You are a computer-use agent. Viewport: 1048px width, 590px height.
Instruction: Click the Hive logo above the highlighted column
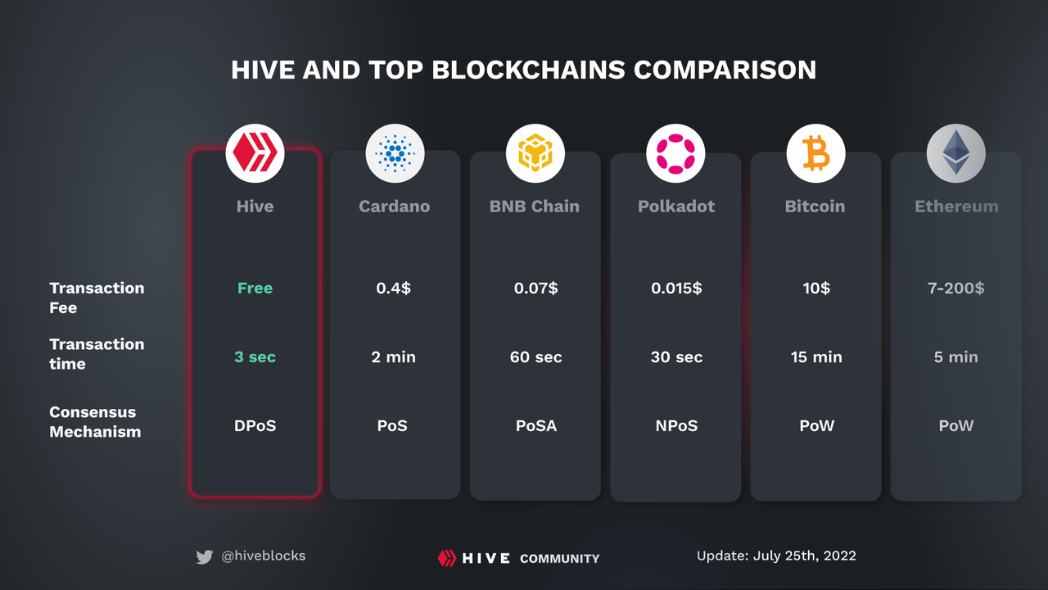coord(255,153)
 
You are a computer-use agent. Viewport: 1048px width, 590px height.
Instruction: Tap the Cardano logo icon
coord(395,153)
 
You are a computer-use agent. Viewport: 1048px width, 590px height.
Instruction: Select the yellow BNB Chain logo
coord(535,153)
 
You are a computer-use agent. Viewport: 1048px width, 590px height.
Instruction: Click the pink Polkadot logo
coord(675,153)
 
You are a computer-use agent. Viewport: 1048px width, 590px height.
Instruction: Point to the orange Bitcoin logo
coord(815,153)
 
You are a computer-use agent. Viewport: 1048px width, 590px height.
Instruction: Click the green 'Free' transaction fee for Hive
coord(255,288)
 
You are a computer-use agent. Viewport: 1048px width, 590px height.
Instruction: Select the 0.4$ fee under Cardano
coord(395,288)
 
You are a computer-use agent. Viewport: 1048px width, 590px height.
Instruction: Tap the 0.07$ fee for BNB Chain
coord(535,288)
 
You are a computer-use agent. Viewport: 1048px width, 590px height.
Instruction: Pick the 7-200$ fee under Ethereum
coord(955,288)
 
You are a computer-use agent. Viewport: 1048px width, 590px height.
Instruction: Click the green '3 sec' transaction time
coord(255,357)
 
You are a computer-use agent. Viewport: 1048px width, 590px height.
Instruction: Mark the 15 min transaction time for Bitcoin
coord(815,357)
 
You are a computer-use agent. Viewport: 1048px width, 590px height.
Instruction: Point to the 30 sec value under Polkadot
coord(675,357)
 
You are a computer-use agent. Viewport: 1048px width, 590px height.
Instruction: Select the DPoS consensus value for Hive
coord(255,426)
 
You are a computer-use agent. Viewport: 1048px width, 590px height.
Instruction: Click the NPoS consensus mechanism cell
coord(675,426)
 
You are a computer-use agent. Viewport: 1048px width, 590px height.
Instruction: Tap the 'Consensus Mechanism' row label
coord(95,422)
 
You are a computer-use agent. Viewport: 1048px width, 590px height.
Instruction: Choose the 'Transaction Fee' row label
coord(96,297)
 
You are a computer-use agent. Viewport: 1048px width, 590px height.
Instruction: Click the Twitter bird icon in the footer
coord(205,557)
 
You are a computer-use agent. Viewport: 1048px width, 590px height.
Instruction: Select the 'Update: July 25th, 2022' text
coord(776,556)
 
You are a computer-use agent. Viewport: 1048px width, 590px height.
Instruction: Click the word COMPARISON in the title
coord(725,70)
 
